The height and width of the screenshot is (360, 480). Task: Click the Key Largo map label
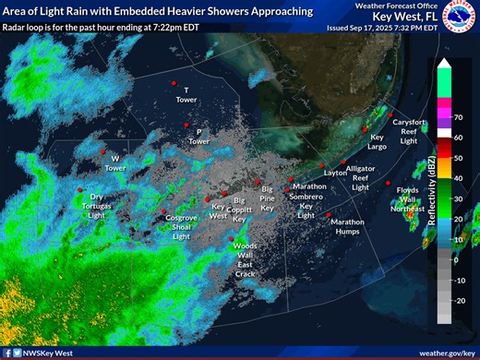[x=378, y=141]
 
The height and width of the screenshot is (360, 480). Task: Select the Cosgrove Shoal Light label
[x=182, y=226]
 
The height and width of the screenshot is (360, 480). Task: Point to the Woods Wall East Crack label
[x=245, y=259]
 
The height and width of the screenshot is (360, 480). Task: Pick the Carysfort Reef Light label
[x=409, y=132]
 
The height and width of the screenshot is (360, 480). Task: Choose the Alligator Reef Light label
[x=361, y=177]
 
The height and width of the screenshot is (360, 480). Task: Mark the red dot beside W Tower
[x=103, y=150]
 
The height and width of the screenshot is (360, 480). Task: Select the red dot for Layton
[x=320, y=165]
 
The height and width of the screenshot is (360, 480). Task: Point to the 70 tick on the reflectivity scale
[x=456, y=118]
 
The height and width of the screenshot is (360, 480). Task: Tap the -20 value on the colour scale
[x=459, y=300]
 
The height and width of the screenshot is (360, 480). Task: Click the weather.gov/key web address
[x=447, y=353]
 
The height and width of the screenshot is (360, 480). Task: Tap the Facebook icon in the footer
[x=7, y=353]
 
